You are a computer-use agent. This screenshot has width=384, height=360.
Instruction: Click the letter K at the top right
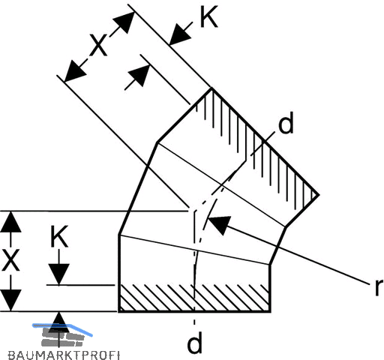[x=209, y=16]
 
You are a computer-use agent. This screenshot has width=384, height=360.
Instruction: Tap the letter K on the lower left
[x=59, y=236]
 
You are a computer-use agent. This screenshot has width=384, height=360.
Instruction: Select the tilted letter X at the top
[x=98, y=45]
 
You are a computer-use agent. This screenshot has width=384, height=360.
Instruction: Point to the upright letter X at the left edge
[x=10, y=260]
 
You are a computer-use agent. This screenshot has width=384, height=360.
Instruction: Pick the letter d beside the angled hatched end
[x=286, y=123]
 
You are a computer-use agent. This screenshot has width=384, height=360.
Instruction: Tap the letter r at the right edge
[x=379, y=287]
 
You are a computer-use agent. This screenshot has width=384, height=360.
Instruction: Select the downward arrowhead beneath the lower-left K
[x=58, y=274]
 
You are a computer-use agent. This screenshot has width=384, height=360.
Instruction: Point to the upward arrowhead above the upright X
[x=10, y=222]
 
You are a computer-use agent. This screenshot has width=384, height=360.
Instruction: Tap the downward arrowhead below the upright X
[x=10, y=300]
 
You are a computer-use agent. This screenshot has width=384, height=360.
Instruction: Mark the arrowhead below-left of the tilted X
[x=75, y=71]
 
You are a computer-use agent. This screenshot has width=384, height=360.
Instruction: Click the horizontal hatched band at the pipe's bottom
[x=194, y=298]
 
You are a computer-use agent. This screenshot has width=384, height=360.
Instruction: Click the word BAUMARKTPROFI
[x=64, y=355]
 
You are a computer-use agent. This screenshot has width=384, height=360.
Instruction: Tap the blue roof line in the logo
[x=62, y=328]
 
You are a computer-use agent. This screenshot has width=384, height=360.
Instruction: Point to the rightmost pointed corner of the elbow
[x=319, y=194]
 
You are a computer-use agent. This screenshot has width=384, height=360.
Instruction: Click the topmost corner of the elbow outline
[x=211, y=88]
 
